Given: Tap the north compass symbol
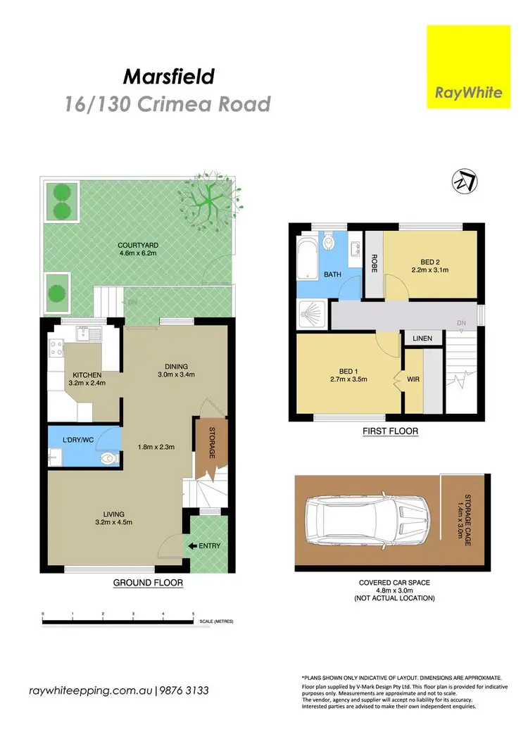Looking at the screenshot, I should [x=463, y=183].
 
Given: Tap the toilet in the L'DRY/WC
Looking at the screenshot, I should [x=106, y=458].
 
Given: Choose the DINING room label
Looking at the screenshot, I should [x=176, y=366].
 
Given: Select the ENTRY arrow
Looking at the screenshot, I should [x=191, y=545].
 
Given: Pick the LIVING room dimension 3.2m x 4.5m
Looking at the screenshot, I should [x=113, y=521].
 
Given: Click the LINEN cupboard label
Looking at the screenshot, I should [x=422, y=339].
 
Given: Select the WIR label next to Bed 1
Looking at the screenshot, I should [x=413, y=381].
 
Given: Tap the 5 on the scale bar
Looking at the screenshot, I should [x=192, y=614].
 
